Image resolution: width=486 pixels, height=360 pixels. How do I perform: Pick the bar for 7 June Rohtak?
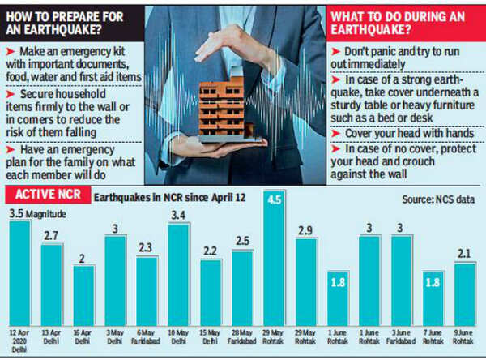(433, 298)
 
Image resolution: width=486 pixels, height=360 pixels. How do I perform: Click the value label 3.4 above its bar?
(179, 215)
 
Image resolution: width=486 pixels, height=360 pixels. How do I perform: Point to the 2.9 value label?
(305, 231)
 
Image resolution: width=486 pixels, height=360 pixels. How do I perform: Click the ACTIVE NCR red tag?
(47, 197)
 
